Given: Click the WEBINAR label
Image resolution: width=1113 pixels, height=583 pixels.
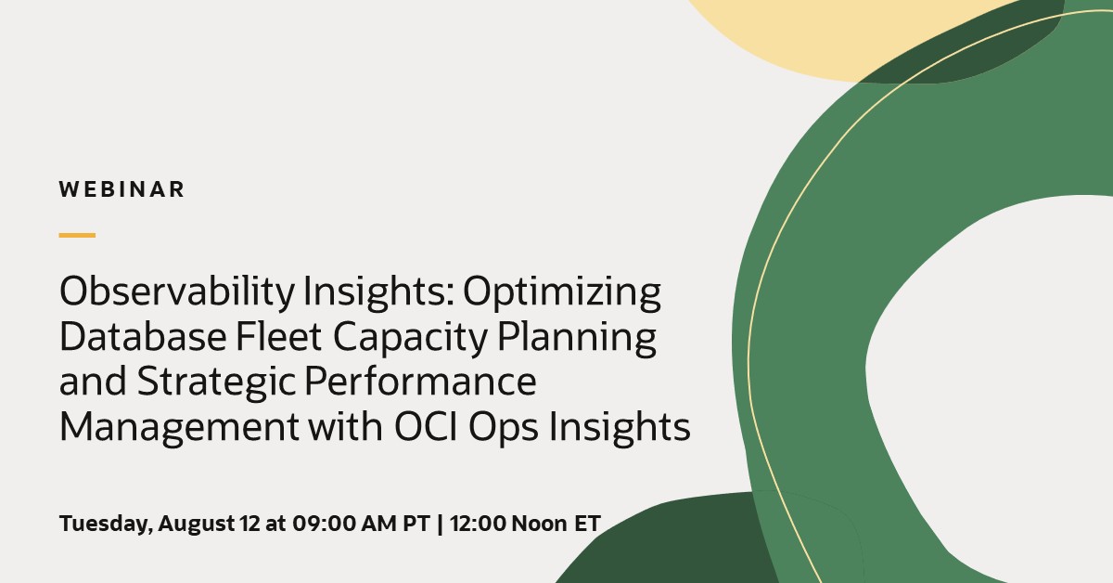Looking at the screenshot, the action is click(x=122, y=189).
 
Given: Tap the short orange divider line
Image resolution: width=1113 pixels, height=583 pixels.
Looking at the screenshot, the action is click(x=77, y=235).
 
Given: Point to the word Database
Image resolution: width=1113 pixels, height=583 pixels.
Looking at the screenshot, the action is click(x=143, y=337).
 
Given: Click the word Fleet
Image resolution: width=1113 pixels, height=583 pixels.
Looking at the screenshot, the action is click(x=278, y=337).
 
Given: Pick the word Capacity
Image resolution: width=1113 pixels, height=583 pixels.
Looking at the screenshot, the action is click(x=410, y=338).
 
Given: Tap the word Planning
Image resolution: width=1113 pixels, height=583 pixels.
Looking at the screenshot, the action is click(x=576, y=338).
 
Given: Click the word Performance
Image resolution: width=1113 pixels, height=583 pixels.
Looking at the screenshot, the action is click(x=420, y=382).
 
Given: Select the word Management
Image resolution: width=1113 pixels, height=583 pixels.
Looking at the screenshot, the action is click(x=179, y=428).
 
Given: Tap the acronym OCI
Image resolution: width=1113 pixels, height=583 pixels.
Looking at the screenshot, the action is click(x=426, y=426).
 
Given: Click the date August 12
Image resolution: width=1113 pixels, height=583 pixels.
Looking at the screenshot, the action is click(x=209, y=524).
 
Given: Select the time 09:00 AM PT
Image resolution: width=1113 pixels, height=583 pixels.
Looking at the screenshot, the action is click(x=361, y=524).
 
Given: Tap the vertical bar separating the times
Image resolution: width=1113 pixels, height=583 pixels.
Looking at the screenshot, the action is click(x=441, y=524).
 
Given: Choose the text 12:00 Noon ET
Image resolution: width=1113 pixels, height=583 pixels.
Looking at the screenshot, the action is click(x=525, y=524).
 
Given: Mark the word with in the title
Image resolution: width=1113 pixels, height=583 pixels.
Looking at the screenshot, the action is click(x=345, y=426).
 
